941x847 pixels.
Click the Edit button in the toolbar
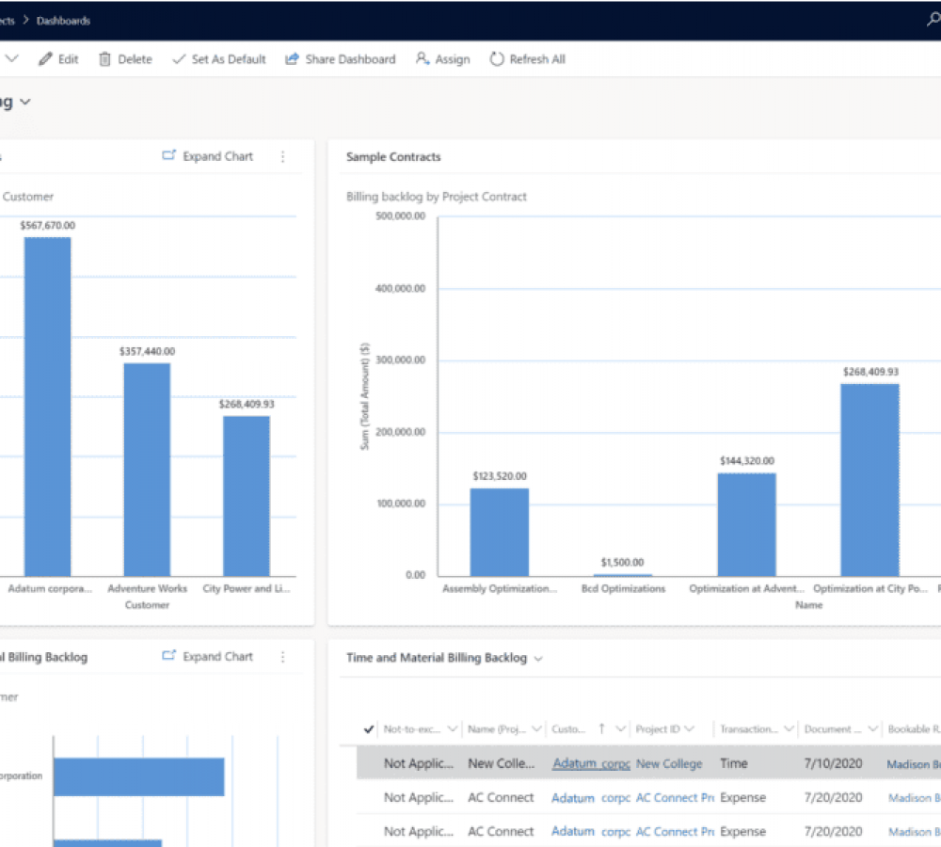58,59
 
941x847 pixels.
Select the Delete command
125,59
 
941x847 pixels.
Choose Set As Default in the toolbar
219,59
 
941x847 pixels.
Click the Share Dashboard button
341,59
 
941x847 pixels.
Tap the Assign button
443,59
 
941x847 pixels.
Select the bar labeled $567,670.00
47,405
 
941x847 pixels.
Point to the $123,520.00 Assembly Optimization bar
499,532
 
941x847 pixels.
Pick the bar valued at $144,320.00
746,524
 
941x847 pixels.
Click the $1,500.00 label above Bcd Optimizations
622,563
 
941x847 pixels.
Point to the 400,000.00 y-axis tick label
400,289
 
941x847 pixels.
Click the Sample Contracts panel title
393,157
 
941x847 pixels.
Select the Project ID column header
658,729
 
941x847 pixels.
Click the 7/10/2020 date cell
833,763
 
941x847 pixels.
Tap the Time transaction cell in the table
735,763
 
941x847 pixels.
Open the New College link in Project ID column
668,763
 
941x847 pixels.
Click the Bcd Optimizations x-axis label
622,589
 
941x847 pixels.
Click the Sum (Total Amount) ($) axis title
365,396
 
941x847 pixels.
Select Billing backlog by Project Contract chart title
437,197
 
